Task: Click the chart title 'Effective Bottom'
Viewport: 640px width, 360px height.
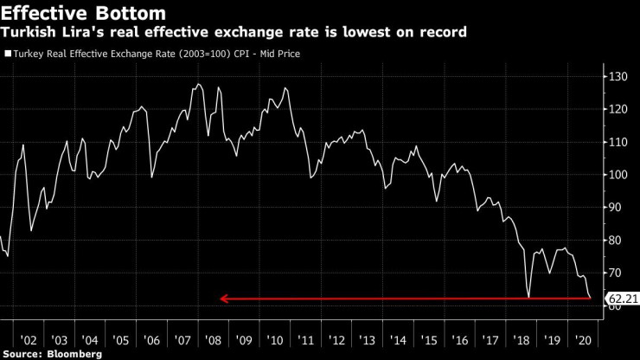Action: click(x=85, y=12)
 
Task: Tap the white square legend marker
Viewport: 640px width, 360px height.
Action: click(x=7, y=54)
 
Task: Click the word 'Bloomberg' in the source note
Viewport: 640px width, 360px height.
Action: click(x=74, y=354)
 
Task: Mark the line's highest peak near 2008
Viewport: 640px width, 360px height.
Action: click(x=198, y=84)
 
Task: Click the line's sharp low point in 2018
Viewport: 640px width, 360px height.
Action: click(x=528, y=297)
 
